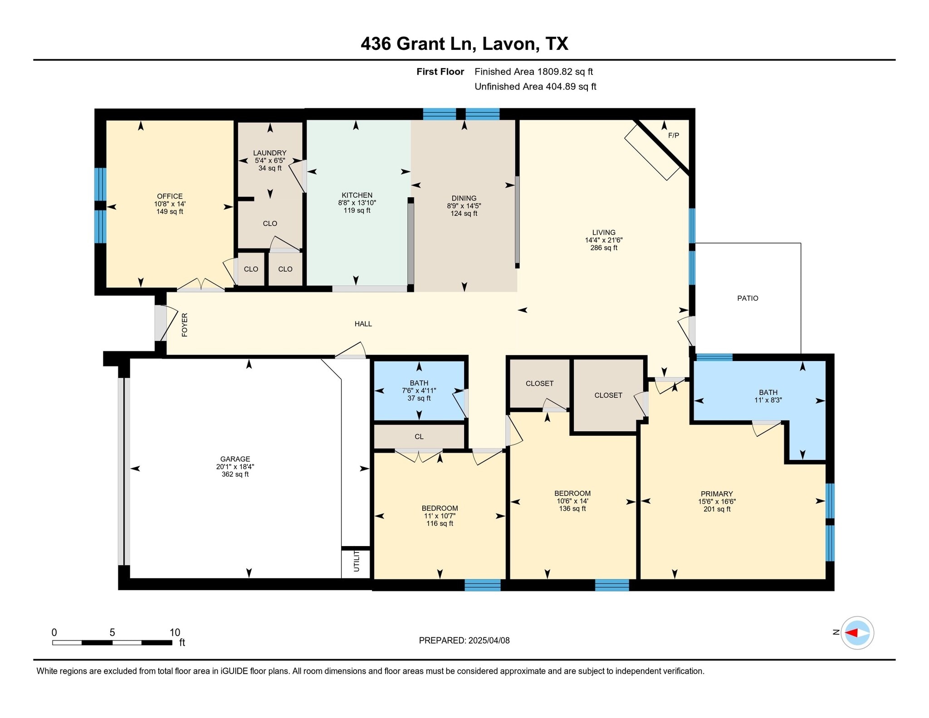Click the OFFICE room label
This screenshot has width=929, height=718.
coord(170,196)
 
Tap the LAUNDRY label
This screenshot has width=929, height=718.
coord(270,153)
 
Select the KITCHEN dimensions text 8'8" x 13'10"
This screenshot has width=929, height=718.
coord(357,203)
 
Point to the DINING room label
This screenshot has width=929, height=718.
coord(464,198)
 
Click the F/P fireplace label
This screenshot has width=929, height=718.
coord(674,136)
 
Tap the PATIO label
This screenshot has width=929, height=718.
coord(748,298)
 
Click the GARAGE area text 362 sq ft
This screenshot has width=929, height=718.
coord(235,474)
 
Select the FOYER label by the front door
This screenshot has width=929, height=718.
coord(185,325)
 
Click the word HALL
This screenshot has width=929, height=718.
coord(363,324)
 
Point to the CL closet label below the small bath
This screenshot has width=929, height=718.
coord(419,437)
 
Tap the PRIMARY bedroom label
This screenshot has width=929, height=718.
coord(717,494)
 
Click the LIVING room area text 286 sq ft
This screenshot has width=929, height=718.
coord(604,248)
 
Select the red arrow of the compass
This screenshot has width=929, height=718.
coord(851,633)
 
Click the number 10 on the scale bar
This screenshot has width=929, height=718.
coord(175,633)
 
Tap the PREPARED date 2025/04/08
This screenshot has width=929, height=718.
coord(489,640)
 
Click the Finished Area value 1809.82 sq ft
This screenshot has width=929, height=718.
coord(565,72)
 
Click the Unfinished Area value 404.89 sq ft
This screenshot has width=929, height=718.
coord(571,87)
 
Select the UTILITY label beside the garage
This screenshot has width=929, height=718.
coord(357,561)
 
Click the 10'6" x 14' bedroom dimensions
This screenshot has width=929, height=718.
coord(572,501)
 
